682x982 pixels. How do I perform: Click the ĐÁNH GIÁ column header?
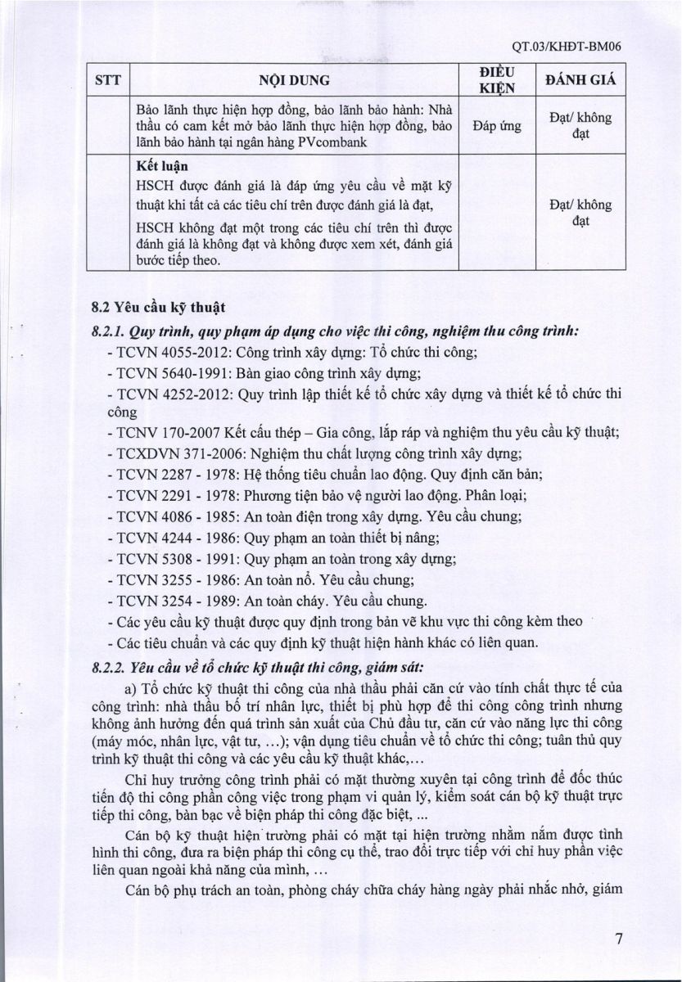[x=580, y=80]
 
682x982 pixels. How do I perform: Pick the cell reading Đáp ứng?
[x=497, y=126]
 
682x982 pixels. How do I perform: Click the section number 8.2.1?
[x=109, y=331]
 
